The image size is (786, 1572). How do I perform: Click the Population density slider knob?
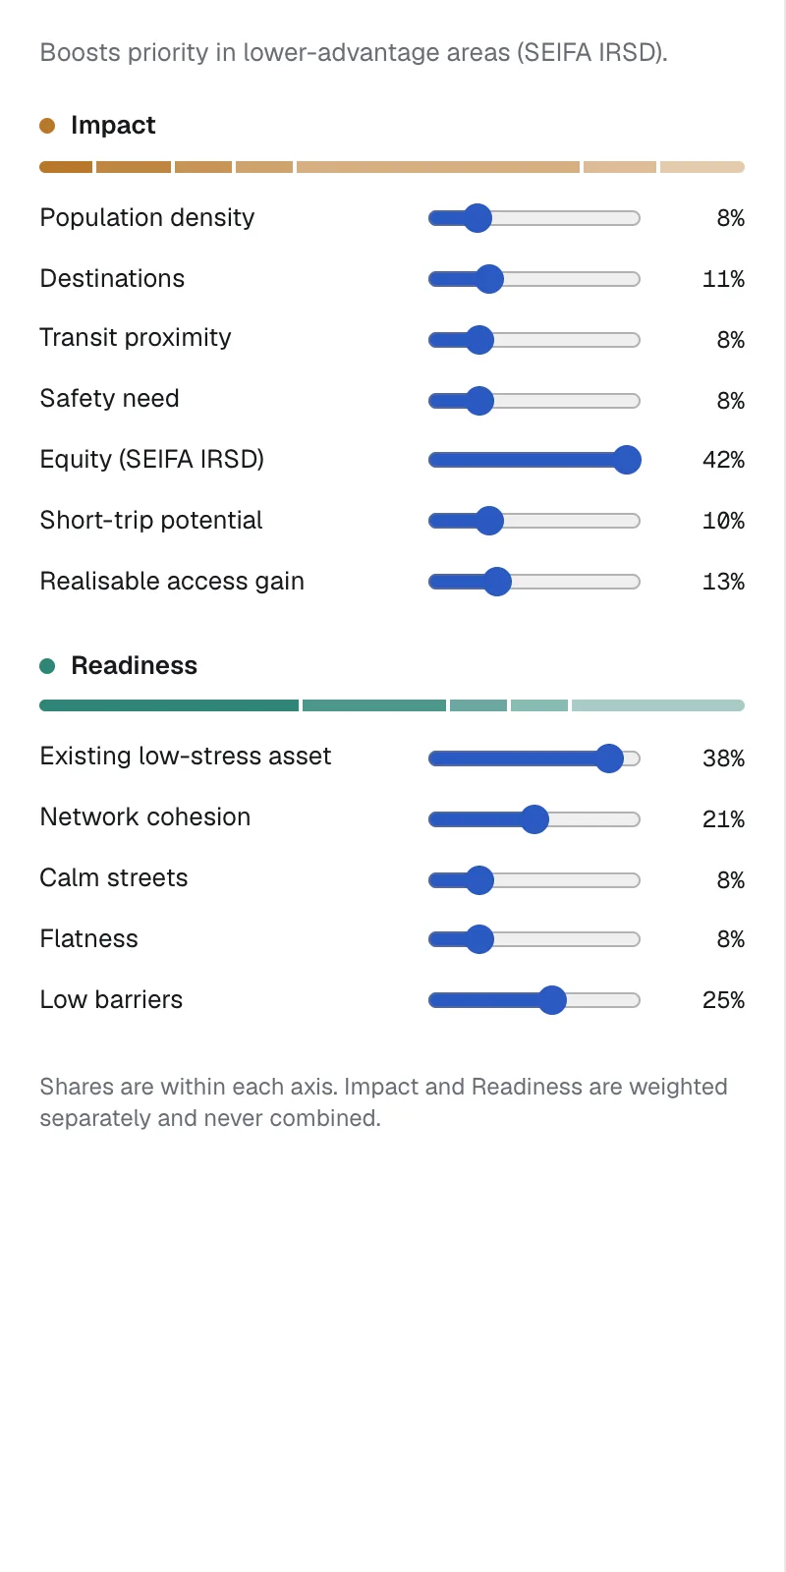pos(477,218)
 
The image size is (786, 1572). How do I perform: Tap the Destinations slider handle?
pos(489,279)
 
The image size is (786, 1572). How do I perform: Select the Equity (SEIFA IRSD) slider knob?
pos(627,460)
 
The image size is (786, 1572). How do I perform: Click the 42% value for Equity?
pos(723,460)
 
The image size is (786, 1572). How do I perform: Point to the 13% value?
pos(723,582)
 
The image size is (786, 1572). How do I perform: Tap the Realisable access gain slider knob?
pos(497,582)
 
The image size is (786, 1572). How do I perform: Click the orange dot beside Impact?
pos(47,126)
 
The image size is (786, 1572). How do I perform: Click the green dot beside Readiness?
pos(47,666)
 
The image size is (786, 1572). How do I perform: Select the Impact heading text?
pos(113,125)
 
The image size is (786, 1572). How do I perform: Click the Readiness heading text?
pos(134,665)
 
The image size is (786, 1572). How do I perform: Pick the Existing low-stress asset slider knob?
pos(609,758)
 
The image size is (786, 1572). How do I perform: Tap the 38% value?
pos(723,758)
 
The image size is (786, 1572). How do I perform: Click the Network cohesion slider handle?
pos(534,819)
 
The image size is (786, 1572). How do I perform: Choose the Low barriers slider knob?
pos(552,1000)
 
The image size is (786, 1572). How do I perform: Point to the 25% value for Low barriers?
pos(723,1000)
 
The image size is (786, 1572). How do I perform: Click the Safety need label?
pos(109,399)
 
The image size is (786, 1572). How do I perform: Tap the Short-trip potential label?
pos(151,520)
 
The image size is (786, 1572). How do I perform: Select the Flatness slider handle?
pos(480,939)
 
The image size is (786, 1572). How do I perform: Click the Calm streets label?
pos(114,878)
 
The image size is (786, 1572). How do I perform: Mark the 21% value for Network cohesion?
pos(723,819)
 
